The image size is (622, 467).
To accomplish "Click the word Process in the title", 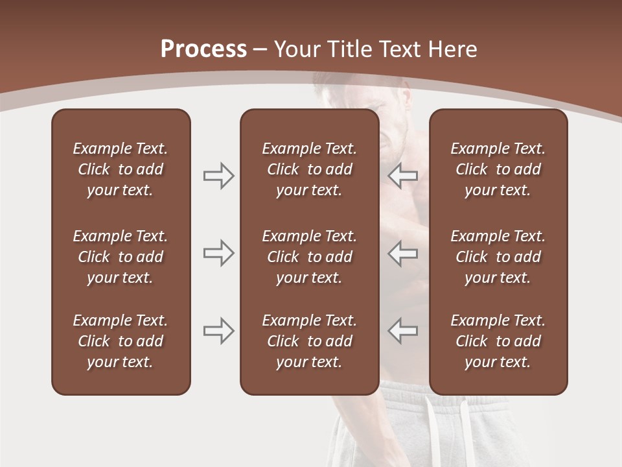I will click(203, 49).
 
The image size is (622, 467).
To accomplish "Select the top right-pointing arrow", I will click(219, 176).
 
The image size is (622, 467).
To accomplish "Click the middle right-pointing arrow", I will click(219, 253).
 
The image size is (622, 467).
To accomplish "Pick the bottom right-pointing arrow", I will click(219, 331).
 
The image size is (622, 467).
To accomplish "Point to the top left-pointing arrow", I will click(402, 176).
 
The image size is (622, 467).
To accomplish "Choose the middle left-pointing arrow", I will click(402, 253).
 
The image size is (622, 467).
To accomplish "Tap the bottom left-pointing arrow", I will click(402, 331).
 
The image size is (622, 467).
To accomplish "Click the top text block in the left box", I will click(121, 169).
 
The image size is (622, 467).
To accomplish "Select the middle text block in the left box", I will click(121, 257).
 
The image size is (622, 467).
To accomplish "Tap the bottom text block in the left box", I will click(121, 341).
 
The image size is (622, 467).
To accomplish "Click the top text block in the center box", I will click(309, 169).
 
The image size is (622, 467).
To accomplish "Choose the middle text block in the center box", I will click(309, 257).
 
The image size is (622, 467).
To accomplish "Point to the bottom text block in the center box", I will click(309, 341).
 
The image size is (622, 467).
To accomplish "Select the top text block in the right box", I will click(498, 169).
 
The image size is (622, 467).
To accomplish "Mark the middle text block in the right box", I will click(498, 257).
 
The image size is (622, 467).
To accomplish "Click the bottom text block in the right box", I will click(498, 341).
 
